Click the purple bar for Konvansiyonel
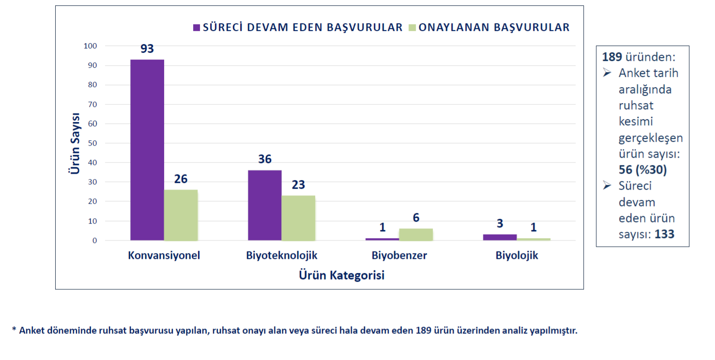pos(147,150)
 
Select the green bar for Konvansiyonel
pos(181,215)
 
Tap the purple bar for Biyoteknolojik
pos(265,205)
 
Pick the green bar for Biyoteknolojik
pos(298,218)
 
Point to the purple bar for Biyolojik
pos(500,237)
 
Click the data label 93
pos(147,49)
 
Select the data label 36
pos(265,159)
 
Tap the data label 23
pos(298,185)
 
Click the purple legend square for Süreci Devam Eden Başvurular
pos(197,28)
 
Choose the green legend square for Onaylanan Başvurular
pos(412,28)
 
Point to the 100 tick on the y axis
pos(91,46)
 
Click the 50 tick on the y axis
pos(92,143)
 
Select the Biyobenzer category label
pos(399,255)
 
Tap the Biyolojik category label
pos(517,255)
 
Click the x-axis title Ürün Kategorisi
pos(342,275)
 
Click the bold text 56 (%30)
pos(642,170)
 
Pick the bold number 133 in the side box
pos(665,234)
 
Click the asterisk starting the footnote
pos(14,330)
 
